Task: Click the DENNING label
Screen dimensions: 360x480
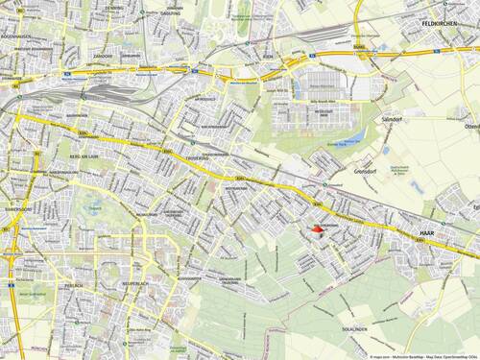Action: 113,8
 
